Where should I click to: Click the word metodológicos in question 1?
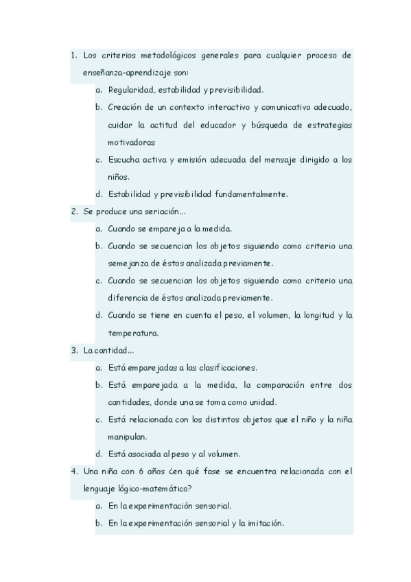172,55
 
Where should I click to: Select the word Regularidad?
133,89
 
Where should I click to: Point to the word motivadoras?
131,142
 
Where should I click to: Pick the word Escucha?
123,159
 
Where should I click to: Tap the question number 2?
73,211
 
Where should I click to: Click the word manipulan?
128,436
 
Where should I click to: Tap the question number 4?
73,472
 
